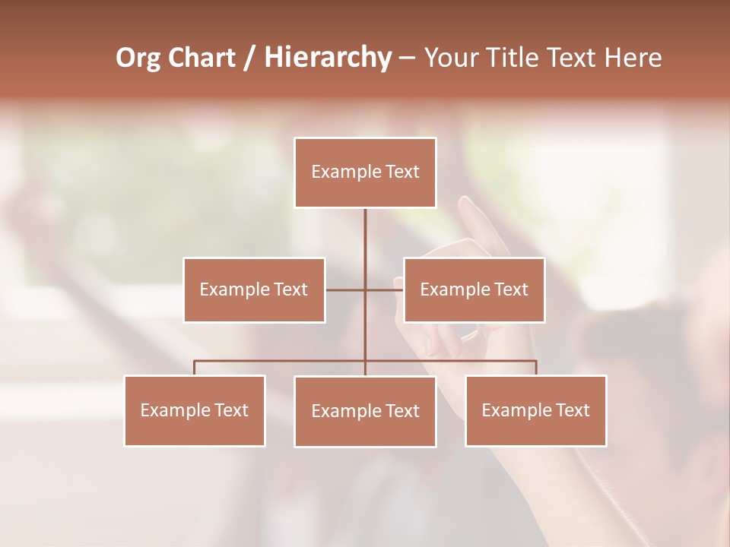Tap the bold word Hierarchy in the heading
point(327,58)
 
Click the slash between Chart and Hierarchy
point(249,58)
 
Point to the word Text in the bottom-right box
point(572,410)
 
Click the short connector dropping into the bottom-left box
point(195,368)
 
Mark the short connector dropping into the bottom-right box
point(536,368)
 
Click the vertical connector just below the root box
point(365,228)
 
